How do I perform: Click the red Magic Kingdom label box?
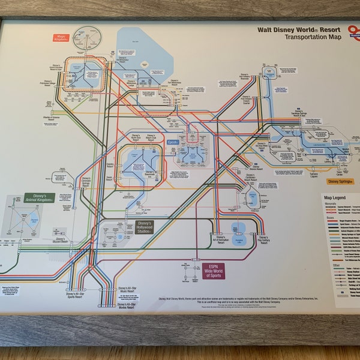62,38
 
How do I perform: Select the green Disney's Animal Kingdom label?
39,198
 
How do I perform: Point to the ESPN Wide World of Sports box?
212,270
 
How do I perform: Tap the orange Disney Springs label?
341,181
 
